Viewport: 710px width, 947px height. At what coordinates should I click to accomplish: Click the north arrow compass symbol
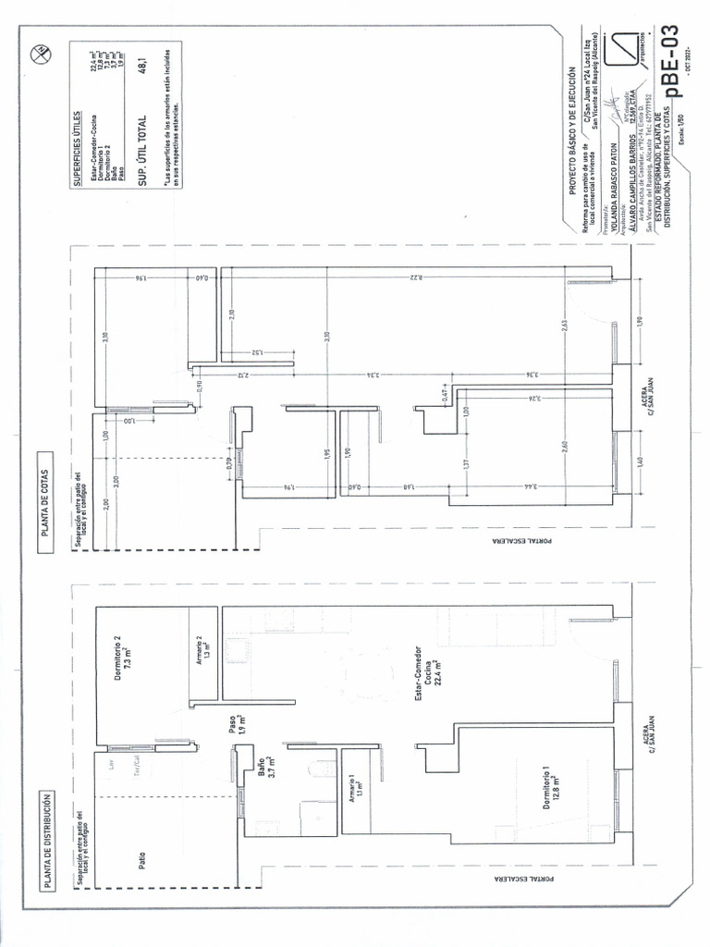pos(40,55)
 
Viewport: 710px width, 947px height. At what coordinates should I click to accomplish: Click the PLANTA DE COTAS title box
pos(46,500)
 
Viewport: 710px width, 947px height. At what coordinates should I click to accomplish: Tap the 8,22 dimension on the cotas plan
pos(419,276)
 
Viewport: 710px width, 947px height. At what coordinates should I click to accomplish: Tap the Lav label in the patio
pos(111,766)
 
